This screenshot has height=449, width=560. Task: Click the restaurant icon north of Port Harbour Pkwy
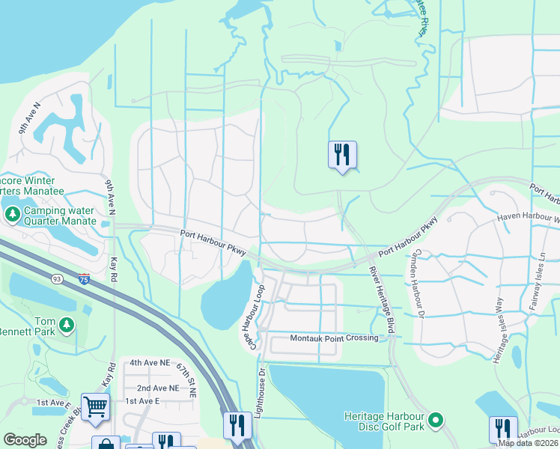pyautogui.click(x=342, y=155)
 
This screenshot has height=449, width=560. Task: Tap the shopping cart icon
pyautogui.click(x=95, y=407)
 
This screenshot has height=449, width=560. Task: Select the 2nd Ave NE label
pyautogui.click(x=158, y=388)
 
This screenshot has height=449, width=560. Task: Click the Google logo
pyautogui.click(x=25, y=440)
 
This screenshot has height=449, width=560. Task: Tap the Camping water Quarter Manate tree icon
pyautogui.click(x=12, y=215)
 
